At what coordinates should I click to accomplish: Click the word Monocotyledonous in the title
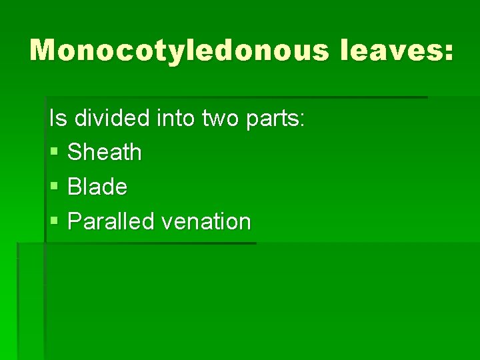(x=179, y=51)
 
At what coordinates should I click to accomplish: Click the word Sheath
(x=105, y=152)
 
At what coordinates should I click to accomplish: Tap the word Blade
(x=97, y=187)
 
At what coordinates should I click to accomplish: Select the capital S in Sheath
(x=75, y=152)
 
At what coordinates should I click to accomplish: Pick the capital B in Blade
(x=75, y=187)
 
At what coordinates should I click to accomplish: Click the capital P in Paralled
(x=75, y=221)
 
